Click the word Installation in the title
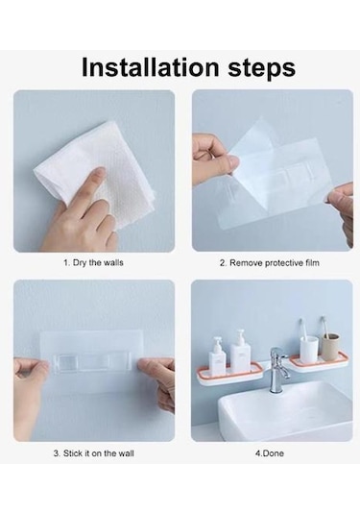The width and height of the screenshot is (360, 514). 150,67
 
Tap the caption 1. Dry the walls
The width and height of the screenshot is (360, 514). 93,263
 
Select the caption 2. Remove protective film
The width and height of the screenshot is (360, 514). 269,263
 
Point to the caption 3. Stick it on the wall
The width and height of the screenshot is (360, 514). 94,453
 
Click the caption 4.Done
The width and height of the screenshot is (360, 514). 270,453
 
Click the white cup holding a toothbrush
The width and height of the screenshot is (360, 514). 309,350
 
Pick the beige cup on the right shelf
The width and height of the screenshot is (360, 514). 330,347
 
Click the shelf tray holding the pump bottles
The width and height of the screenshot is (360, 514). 229,375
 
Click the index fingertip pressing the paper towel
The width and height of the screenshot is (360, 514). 100,171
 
